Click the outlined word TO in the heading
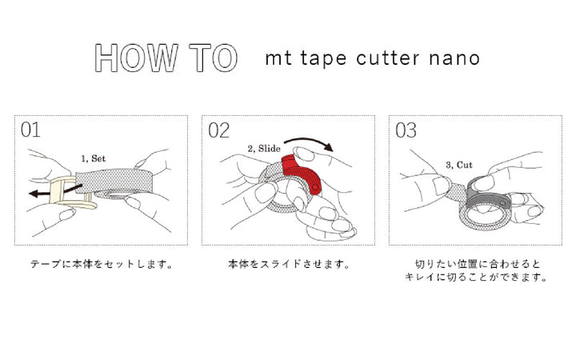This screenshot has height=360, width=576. pos(214,58)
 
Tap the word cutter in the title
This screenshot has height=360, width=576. pos(387,58)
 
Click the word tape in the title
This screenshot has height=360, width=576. pos(323,58)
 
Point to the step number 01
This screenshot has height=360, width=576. pos(30,130)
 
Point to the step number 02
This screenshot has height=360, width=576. pos(218,130)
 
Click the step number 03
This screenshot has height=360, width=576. pos(406,130)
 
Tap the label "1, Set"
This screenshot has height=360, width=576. pos(94,158)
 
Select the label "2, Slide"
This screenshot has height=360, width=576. pos(264,149)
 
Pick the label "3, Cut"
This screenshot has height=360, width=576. pos(459,165)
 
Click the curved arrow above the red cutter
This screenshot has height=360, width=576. pos(309,140)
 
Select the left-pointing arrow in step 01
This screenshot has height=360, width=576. pos(55,190)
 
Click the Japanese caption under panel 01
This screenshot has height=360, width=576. pos(102,264)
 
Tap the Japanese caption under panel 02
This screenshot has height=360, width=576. pos(289,264)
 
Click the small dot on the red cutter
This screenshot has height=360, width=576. pos(315,187)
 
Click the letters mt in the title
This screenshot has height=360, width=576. pos(278,58)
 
